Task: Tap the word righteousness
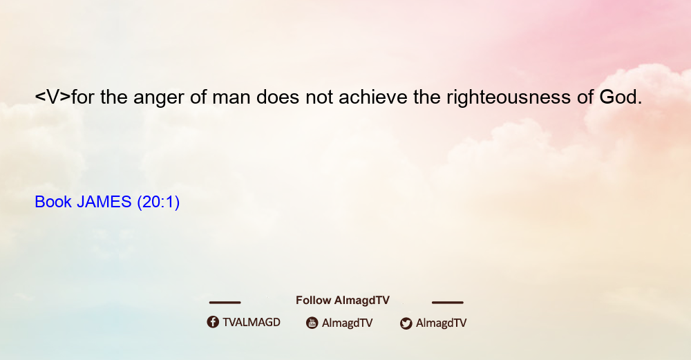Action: pyautogui.click(x=509, y=97)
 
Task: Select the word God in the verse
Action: pyautogui.click(x=621, y=97)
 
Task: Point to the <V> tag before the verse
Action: pyautogui.click(x=53, y=97)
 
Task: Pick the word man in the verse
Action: pyautogui.click(x=231, y=99)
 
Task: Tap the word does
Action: pyautogui.click(x=278, y=97)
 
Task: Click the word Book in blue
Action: pyautogui.click(x=53, y=202)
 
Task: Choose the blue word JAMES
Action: pyautogui.click(x=104, y=202)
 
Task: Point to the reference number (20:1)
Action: pyautogui.click(x=158, y=202)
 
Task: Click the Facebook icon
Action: pyautogui.click(x=213, y=322)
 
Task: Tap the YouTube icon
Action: pyautogui.click(x=312, y=323)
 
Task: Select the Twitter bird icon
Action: pyautogui.click(x=406, y=323)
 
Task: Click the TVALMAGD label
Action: pyautogui.click(x=252, y=322)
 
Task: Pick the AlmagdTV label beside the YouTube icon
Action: pyautogui.click(x=348, y=323)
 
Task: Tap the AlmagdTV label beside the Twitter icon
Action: pyautogui.click(x=441, y=323)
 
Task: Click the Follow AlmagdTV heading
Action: pyautogui.click(x=343, y=300)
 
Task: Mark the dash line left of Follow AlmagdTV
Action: pyautogui.click(x=225, y=302)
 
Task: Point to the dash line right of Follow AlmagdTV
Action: pyautogui.click(x=448, y=302)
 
